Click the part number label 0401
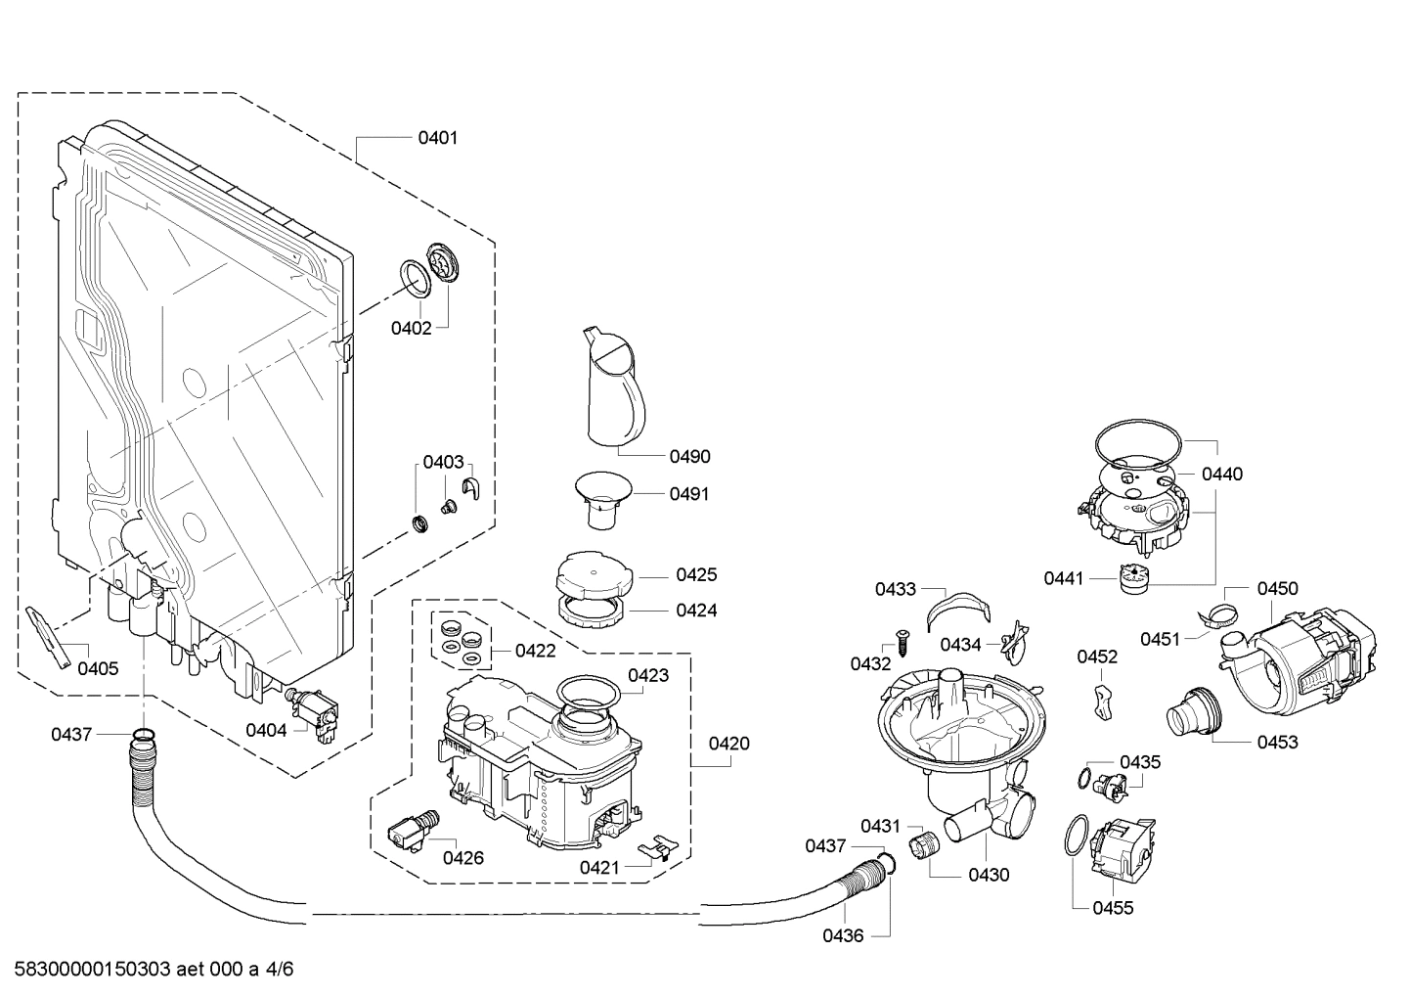point(437,138)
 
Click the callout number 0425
point(696,575)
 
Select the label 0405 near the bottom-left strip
point(98,669)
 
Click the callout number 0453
point(1277,742)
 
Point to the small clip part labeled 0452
point(1104,701)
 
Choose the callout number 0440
point(1221,475)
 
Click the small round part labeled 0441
point(1133,578)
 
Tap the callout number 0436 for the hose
point(842,935)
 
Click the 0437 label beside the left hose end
point(71,734)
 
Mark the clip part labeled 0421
point(659,847)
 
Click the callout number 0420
point(728,744)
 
